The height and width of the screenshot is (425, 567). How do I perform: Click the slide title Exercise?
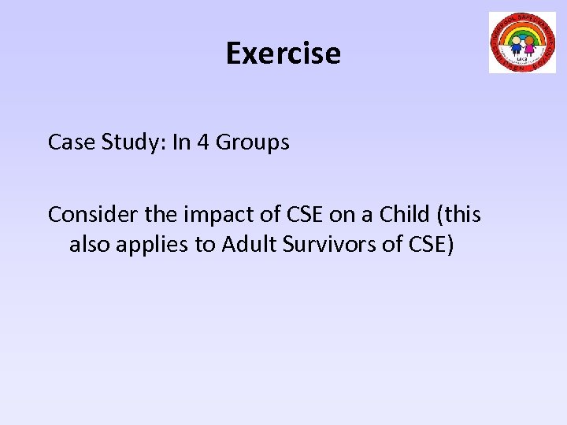[x=283, y=54]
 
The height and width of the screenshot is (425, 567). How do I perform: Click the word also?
[x=90, y=245]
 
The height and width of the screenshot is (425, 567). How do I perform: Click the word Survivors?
[x=334, y=245]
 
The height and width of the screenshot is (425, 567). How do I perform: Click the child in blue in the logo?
[x=516, y=44]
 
